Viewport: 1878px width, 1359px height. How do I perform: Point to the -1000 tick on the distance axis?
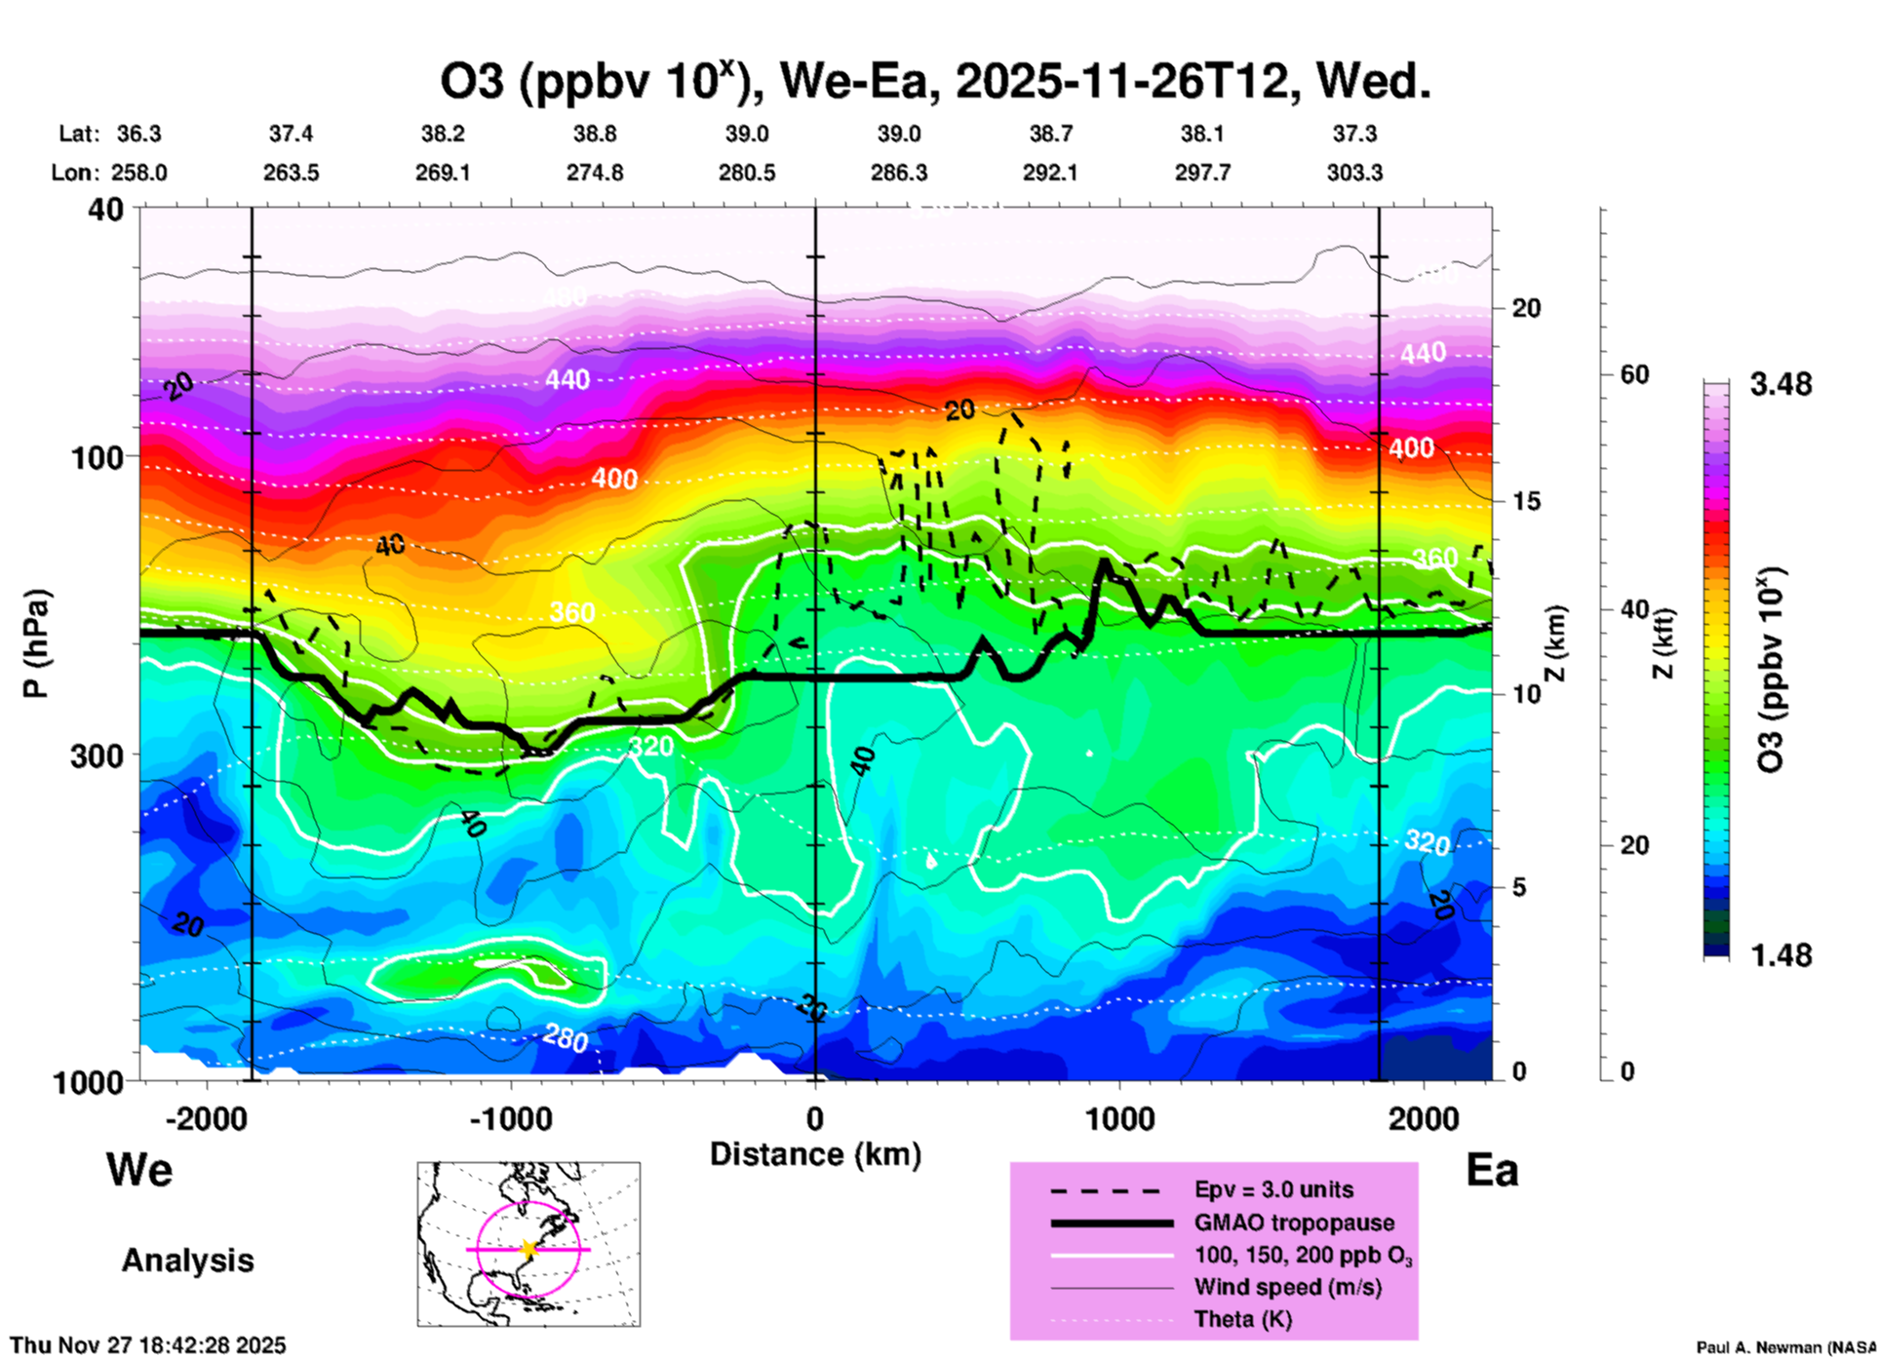point(511,1118)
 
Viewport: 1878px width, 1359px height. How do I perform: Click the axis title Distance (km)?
point(815,1154)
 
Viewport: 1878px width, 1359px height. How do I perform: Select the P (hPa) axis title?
point(36,643)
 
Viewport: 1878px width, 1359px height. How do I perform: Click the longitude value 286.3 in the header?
point(899,173)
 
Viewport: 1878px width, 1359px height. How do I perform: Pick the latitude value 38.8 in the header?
point(595,134)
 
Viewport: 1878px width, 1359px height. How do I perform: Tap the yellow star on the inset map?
point(528,1249)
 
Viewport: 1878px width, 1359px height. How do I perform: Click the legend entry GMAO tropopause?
point(1294,1223)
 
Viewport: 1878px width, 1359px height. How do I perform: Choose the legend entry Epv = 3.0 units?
point(1273,1189)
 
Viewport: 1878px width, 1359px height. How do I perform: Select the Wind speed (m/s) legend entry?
point(1287,1287)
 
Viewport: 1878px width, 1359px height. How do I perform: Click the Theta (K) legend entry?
point(1242,1319)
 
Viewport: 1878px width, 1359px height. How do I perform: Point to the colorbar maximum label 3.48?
point(1780,385)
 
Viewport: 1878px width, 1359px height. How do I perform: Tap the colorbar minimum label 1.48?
point(1780,954)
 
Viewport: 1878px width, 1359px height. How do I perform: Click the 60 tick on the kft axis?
point(1635,374)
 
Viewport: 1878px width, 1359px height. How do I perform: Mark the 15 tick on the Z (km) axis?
point(1526,501)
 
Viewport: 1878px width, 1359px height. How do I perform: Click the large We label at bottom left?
point(139,1169)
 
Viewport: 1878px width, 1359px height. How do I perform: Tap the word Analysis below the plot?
point(187,1261)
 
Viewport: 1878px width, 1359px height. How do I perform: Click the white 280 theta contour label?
point(566,1039)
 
